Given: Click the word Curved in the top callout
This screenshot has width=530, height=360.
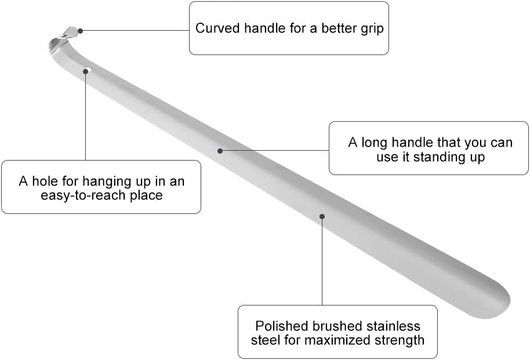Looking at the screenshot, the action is click(x=214, y=28).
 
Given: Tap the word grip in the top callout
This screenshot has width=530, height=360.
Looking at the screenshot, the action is click(x=372, y=28).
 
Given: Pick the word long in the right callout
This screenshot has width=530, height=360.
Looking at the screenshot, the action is click(x=373, y=142).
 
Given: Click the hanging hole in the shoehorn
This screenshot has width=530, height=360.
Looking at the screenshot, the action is click(x=88, y=71).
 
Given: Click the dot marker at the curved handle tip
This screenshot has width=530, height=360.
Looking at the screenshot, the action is click(x=81, y=30).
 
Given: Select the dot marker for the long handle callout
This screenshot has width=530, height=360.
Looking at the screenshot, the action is click(x=220, y=151).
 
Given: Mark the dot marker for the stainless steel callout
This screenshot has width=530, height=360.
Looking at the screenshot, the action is click(x=322, y=217).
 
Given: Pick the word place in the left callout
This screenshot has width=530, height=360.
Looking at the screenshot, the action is click(x=147, y=195).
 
